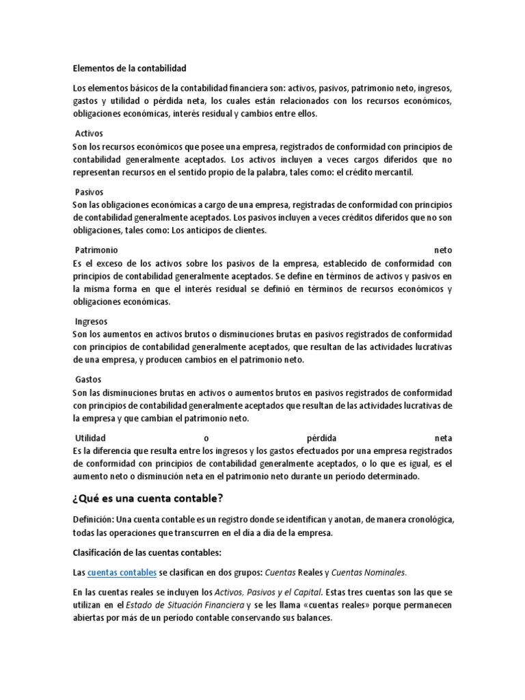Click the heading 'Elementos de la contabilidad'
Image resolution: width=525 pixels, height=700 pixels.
(129, 68)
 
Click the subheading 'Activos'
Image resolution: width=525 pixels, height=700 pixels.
(89, 133)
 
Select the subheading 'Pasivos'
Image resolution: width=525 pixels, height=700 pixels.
(89, 191)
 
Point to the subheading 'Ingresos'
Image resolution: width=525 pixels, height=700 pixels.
(91, 321)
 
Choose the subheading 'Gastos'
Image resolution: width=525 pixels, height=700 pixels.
(88, 379)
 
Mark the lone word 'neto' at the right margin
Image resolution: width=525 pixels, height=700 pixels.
(443, 250)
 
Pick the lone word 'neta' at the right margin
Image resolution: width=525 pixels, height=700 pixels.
(443, 437)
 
